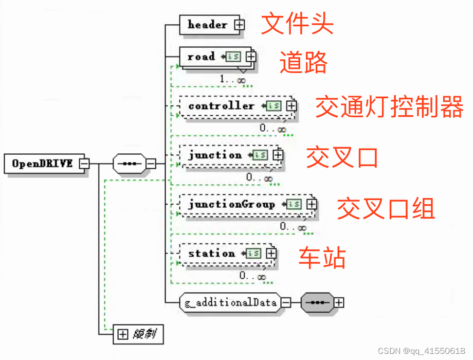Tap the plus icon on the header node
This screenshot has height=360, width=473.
point(240,25)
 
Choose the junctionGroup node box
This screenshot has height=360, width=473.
point(231,204)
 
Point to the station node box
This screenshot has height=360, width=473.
point(211,254)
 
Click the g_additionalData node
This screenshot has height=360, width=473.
point(230,302)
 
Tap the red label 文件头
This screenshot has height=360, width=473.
point(297,23)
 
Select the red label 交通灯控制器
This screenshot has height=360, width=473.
point(389,107)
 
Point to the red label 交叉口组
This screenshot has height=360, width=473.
point(386,209)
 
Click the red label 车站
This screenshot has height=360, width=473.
point(322,257)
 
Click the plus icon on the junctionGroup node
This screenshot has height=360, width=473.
point(311,204)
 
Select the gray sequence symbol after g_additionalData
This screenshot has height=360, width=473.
point(316,302)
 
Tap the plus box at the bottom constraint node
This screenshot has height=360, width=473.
point(122,335)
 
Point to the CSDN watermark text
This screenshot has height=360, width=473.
point(422,351)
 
